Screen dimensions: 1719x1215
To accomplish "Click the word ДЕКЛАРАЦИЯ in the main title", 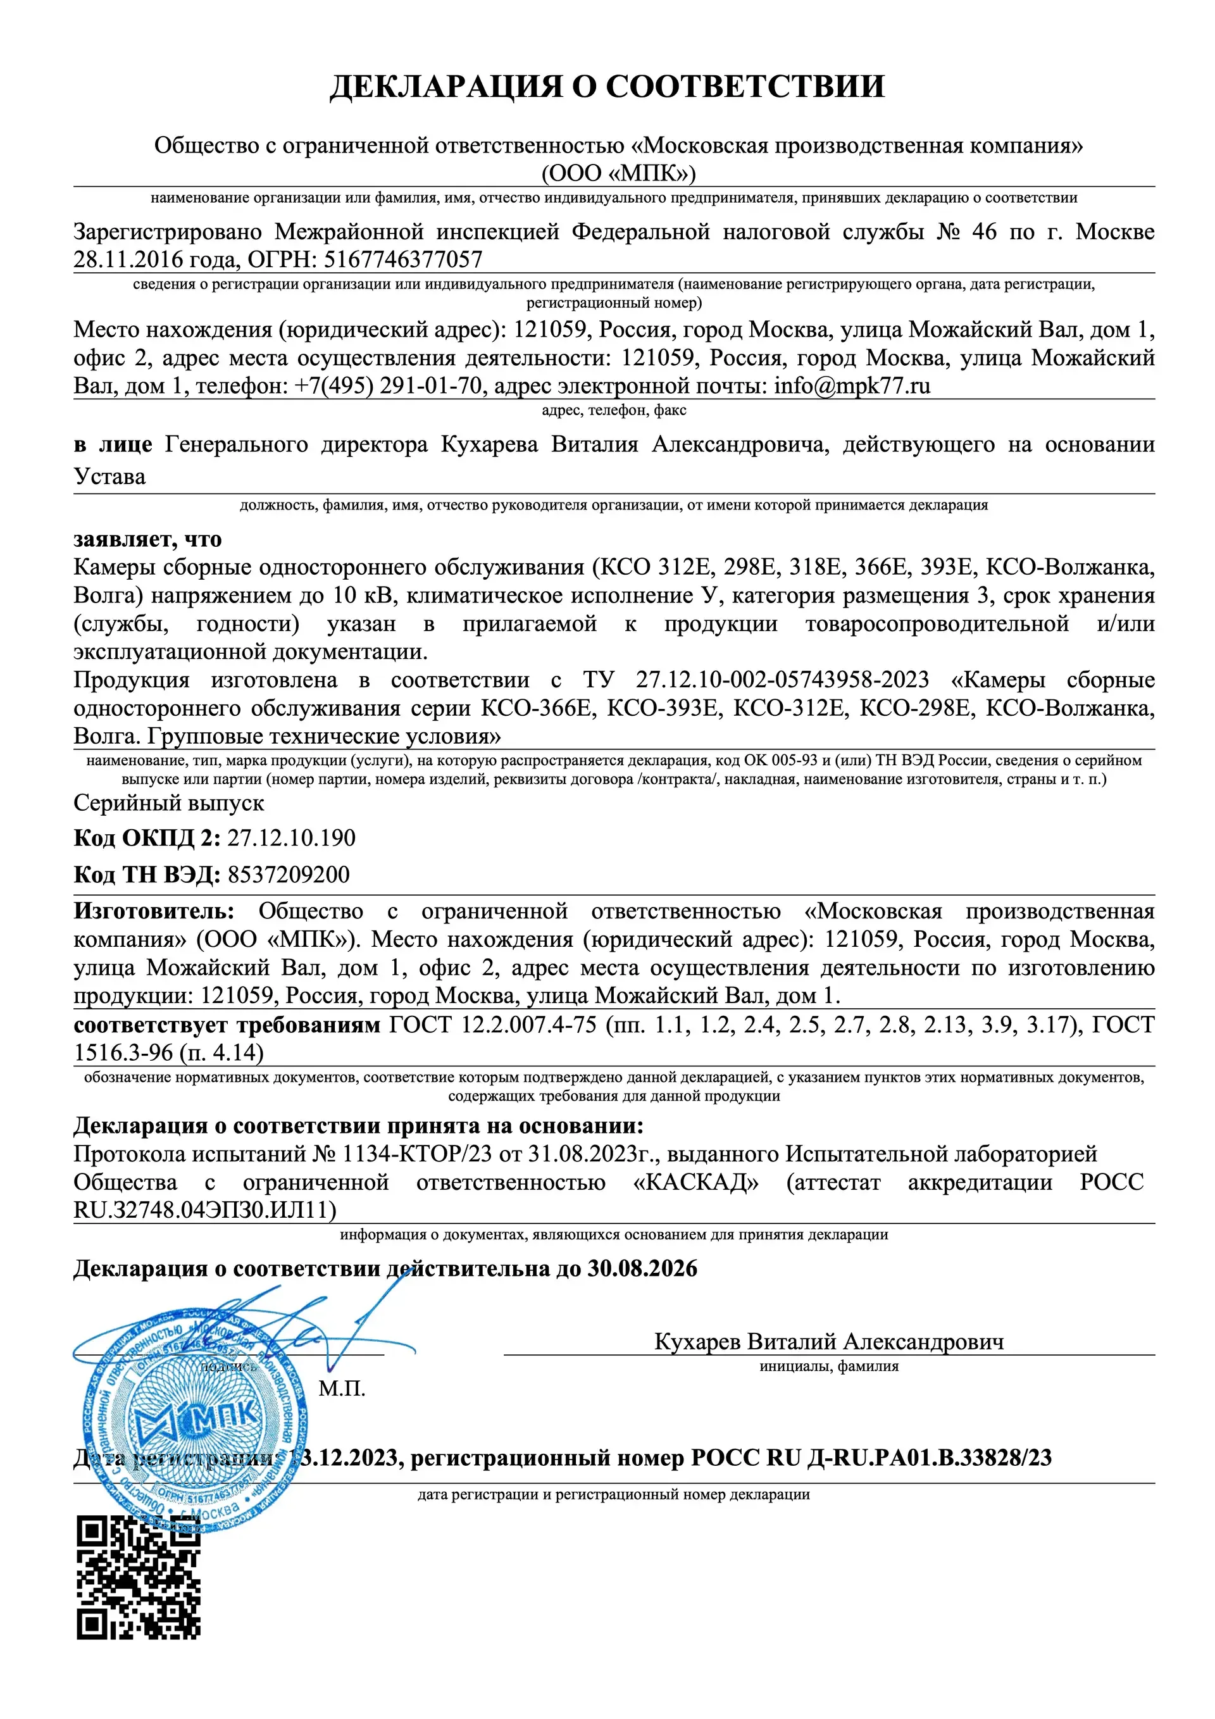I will (446, 87).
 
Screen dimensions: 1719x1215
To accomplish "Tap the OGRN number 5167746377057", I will (402, 259).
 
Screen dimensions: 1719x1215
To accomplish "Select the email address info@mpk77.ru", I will (852, 385).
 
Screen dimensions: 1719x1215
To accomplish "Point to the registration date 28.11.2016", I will (128, 259).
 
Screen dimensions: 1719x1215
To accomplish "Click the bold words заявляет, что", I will (147, 539).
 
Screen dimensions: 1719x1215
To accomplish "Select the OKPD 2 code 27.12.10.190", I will (291, 837).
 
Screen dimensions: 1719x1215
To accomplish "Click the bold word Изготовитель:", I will (154, 911).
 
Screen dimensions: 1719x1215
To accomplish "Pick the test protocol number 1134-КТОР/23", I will (417, 1154).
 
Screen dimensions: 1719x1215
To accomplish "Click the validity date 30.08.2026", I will (642, 1268).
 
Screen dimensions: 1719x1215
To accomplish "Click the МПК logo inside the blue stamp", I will (196, 1417).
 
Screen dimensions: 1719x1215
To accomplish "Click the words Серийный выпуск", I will (168, 803).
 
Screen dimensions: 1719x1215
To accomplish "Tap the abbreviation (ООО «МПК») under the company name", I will (618, 173).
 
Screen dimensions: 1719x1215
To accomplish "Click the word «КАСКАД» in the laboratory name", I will (695, 1182).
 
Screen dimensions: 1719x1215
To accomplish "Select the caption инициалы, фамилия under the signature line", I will (829, 1366).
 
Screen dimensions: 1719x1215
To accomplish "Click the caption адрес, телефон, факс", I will (614, 409).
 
